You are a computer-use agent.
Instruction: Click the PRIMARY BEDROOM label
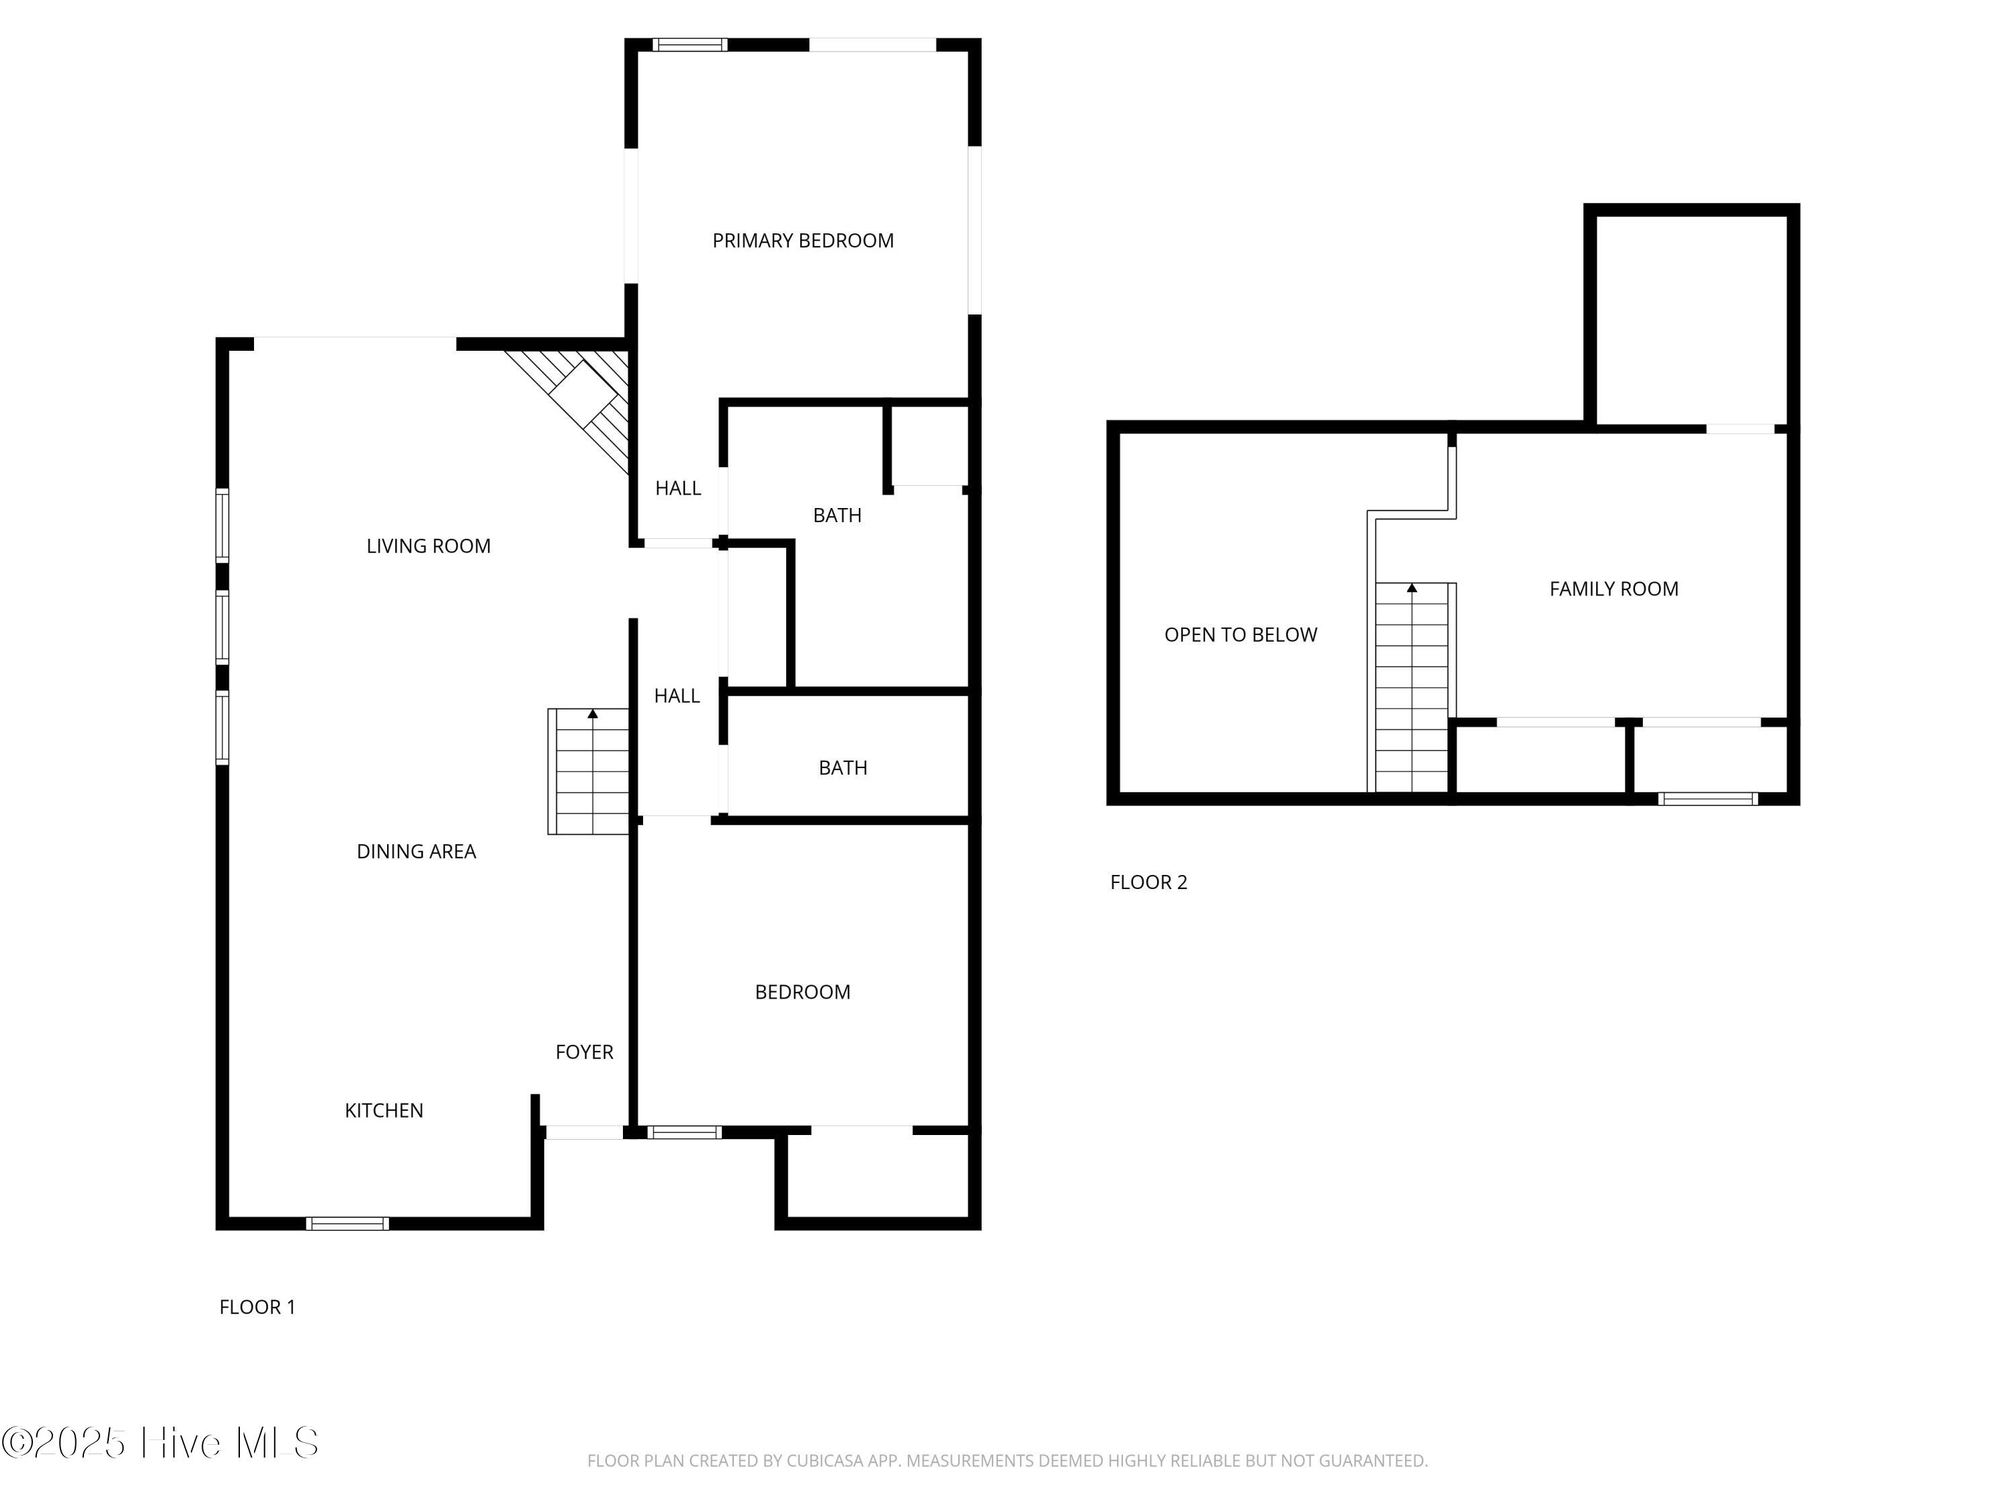pos(803,241)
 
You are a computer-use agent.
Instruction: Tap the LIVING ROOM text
pos(428,546)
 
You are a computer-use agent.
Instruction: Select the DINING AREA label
pos(415,851)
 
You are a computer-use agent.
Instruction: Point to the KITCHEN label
pos(384,1110)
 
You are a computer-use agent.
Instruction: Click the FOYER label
pos(584,1052)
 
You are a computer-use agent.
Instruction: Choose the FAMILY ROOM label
pos(1614,589)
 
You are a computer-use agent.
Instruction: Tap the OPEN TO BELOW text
pos(1241,634)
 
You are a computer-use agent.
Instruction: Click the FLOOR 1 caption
pos(257,1307)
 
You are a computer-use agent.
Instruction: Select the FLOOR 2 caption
pos(1148,882)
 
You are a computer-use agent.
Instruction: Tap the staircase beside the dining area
pos(589,771)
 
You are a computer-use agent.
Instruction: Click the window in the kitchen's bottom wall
pos(347,1224)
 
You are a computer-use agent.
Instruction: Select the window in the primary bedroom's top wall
pos(690,44)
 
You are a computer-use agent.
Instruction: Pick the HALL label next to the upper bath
pos(678,489)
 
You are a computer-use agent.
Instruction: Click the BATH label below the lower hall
pos(843,768)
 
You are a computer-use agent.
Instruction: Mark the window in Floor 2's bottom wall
pos(1708,799)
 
